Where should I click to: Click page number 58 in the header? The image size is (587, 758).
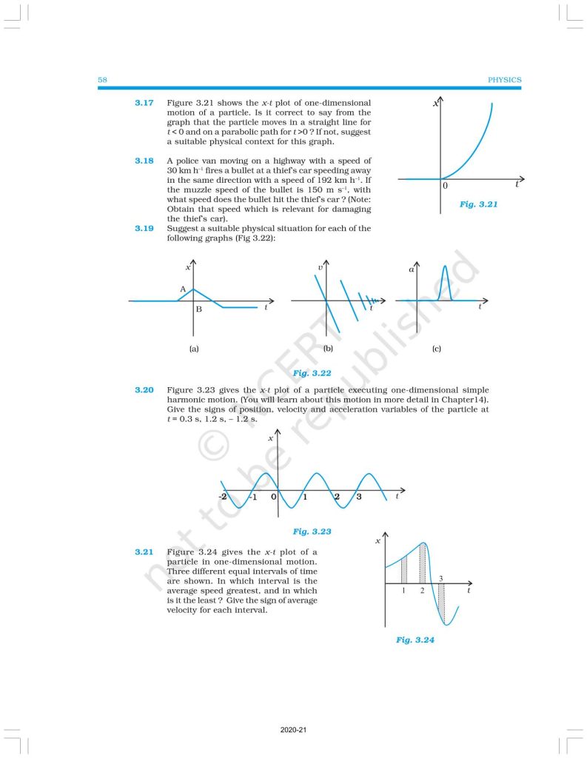tap(103, 80)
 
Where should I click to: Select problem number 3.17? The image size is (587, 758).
tap(144, 103)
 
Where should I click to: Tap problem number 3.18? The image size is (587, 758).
tap(144, 161)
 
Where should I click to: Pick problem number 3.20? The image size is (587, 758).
tap(144, 389)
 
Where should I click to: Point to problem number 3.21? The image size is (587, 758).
tap(144, 552)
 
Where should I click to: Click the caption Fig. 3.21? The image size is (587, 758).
tap(477, 204)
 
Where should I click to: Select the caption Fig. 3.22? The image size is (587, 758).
tap(312, 374)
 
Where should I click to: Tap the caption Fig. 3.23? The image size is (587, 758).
tap(312, 531)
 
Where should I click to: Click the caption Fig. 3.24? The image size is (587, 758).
tap(415, 640)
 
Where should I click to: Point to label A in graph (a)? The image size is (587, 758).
tap(182, 289)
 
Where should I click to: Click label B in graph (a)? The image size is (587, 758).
tap(198, 309)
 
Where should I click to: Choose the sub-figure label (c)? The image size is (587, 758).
tap(436, 348)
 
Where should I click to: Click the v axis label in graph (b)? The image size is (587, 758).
tap(320, 266)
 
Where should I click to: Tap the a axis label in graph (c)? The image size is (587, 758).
tap(411, 270)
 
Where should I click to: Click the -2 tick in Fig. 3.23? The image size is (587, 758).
tap(223, 497)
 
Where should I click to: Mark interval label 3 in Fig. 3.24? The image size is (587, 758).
tap(441, 577)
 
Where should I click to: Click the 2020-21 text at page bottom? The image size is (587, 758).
tap(294, 731)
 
